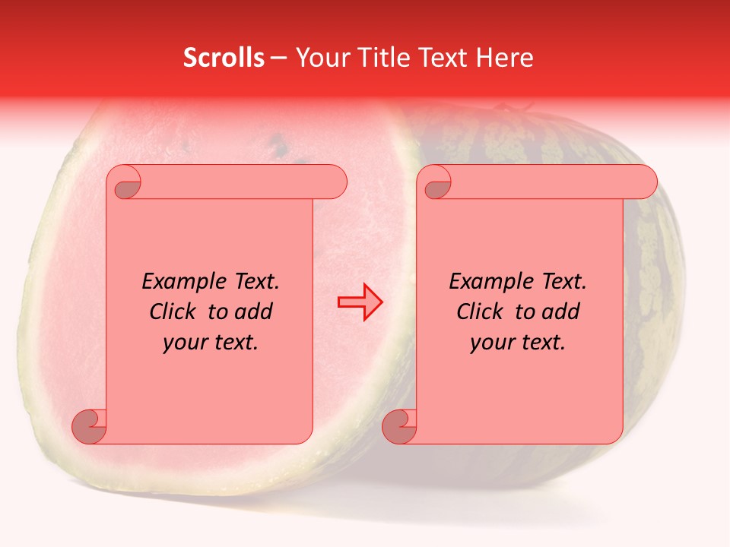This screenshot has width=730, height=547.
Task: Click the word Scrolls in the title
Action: click(x=224, y=58)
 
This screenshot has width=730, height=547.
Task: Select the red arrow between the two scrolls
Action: click(x=360, y=302)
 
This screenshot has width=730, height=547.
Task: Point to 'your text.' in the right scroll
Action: click(x=518, y=343)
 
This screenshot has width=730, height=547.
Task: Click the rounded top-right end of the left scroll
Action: click(x=335, y=182)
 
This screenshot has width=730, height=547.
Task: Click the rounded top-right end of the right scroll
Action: click(x=645, y=182)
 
